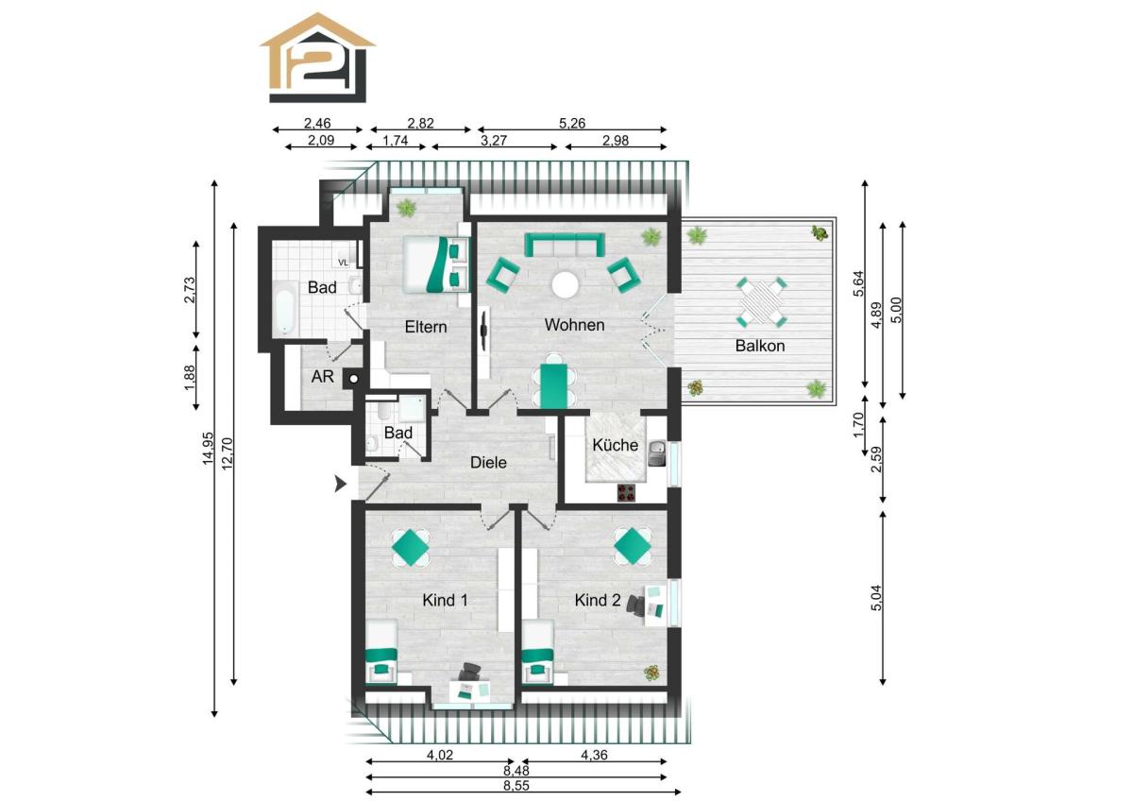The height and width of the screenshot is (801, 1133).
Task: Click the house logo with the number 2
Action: click(x=317, y=58)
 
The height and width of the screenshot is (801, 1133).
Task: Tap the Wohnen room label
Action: click(x=574, y=325)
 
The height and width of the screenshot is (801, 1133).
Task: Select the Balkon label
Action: click(x=760, y=346)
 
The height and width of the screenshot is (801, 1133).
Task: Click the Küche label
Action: click(x=615, y=445)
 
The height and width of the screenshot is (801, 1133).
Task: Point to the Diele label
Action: click(x=488, y=463)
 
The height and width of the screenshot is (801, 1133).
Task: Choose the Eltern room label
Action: click(x=426, y=327)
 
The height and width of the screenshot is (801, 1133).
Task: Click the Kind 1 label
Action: click(x=445, y=600)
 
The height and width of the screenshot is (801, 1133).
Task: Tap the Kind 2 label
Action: click(x=598, y=600)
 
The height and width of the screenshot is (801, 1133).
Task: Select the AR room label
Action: click(x=322, y=377)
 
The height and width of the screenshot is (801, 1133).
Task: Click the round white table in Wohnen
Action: click(x=565, y=285)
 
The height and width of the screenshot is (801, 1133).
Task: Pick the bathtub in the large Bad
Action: click(x=284, y=309)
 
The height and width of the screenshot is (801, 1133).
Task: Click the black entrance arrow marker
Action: click(x=341, y=485)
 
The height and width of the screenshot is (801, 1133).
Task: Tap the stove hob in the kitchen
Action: click(x=626, y=493)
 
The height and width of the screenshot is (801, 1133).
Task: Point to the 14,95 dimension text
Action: click(x=209, y=449)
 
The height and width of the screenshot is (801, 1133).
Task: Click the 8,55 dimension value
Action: click(x=516, y=785)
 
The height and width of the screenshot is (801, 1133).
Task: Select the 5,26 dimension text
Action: click(x=572, y=123)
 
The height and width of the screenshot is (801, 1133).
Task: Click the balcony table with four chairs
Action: click(x=761, y=302)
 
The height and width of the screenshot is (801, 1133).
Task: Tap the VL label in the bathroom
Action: click(x=344, y=263)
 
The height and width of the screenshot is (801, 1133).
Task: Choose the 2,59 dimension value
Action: click(x=876, y=459)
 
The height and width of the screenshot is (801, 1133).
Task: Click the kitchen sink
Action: click(x=657, y=452)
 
